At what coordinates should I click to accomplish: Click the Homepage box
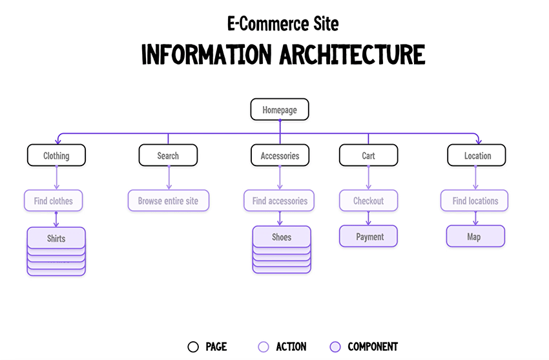click(x=280, y=110)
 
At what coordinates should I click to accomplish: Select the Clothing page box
click(x=56, y=156)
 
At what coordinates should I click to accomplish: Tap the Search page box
click(x=168, y=156)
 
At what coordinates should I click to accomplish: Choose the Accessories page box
click(x=280, y=156)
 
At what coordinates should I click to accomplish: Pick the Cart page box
click(x=368, y=156)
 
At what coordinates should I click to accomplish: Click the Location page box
click(x=477, y=156)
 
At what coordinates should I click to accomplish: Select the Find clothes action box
click(x=54, y=201)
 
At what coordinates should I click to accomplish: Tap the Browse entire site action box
click(x=168, y=201)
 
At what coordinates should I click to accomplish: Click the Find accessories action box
click(x=280, y=201)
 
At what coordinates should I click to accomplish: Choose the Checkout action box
click(x=368, y=201)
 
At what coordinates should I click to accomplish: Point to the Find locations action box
click(x=475, y=201)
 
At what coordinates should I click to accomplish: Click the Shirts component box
click(x=56, y=238)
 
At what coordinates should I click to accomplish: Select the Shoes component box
click(x=282, y=237)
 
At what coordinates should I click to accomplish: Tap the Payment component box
click(x=369, y=237)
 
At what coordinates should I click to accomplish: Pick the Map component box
click(x=475, y=237)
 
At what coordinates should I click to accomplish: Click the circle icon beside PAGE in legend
click(x=193, y=347)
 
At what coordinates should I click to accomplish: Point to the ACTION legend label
click(x=291, y=347)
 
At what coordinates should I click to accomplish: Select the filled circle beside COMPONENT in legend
click(x=335, y=347)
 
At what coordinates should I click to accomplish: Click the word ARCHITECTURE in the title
click(x=353, y=54)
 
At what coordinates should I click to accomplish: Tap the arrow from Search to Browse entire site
click(x=169, y=177)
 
